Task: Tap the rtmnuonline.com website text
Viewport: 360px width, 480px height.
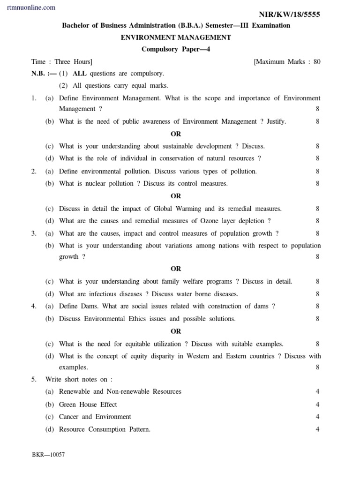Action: [x=31, y=7]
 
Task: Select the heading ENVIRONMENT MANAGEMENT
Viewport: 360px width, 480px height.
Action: [x=176, y=37]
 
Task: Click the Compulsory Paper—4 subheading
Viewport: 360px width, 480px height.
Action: [x=176, y=49]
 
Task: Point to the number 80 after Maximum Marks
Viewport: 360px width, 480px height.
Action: [x=317, y=61]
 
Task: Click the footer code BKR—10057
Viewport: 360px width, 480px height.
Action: [x=48, y=455]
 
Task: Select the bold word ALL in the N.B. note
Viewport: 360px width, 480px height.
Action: [x=80, y=74]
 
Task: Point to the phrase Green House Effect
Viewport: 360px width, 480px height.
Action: [x=88, y=404]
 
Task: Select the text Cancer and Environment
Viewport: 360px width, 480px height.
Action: [x=95, y=416]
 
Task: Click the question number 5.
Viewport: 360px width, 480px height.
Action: [x=34, y=379]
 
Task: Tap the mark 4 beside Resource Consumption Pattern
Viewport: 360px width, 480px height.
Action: [x=317, y=429]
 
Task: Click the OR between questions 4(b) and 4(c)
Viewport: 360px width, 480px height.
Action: [x=176, y=331]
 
